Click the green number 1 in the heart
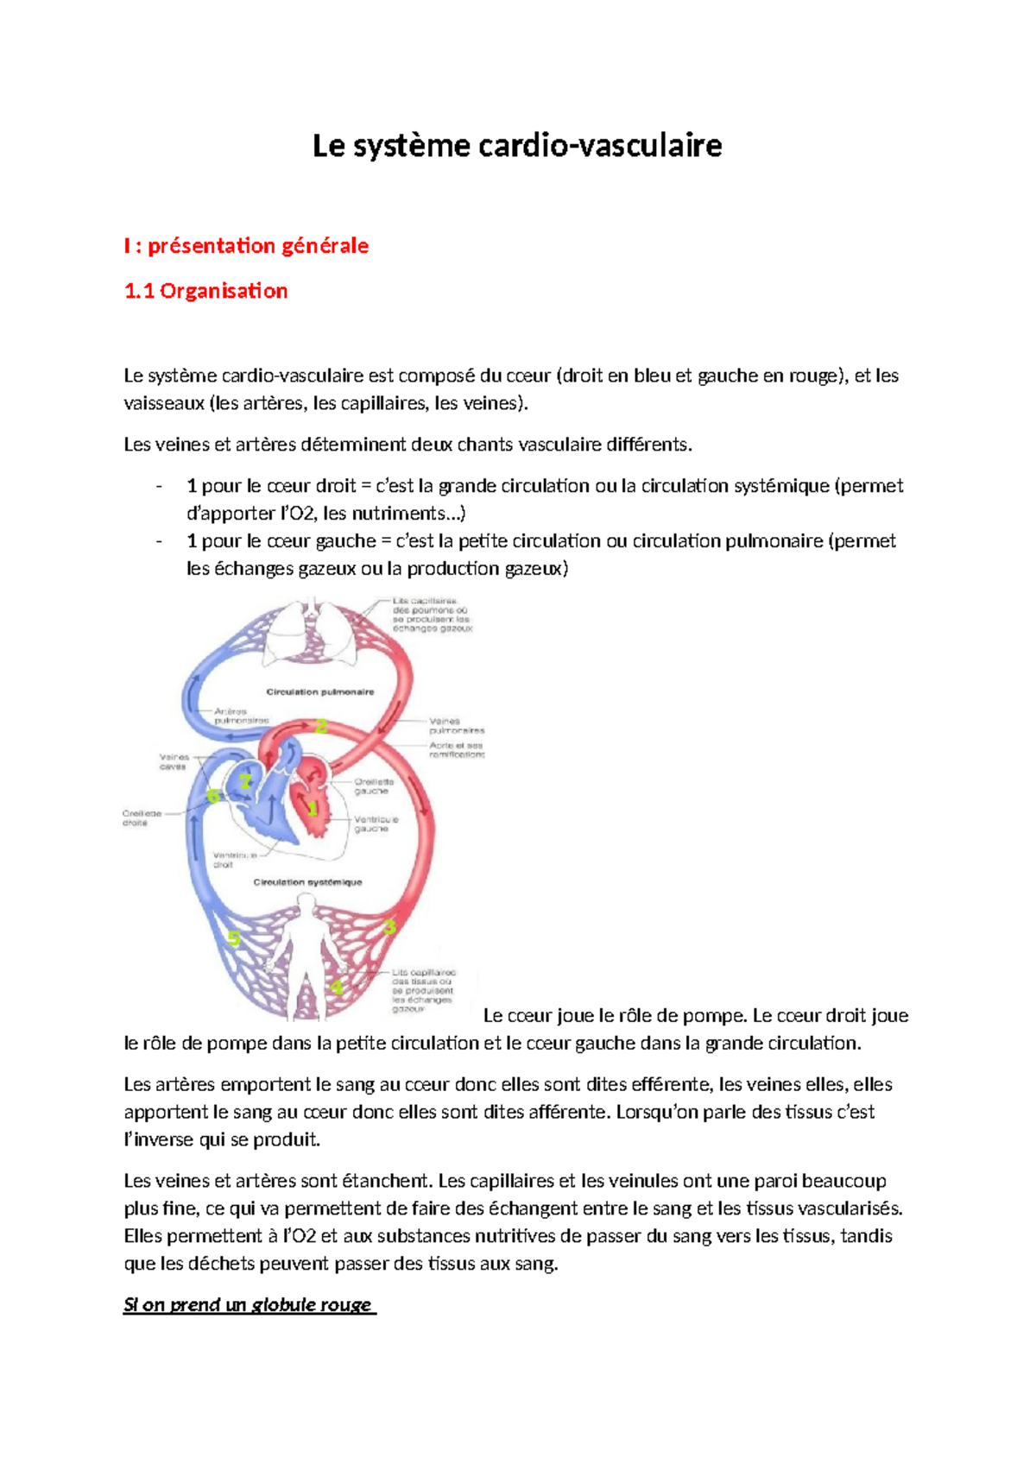313,809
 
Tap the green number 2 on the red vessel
321,726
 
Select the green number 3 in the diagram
389,928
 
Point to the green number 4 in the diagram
337,987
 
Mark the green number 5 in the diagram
233,938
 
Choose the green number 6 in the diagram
212,796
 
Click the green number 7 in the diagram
245,782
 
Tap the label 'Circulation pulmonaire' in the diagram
319,691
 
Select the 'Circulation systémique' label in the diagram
307,882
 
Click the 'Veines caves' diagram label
174,761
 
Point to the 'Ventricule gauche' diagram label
376,823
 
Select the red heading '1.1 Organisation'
205,291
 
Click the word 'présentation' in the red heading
201,246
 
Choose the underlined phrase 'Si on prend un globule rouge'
249,1304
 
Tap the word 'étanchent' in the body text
388,1181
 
